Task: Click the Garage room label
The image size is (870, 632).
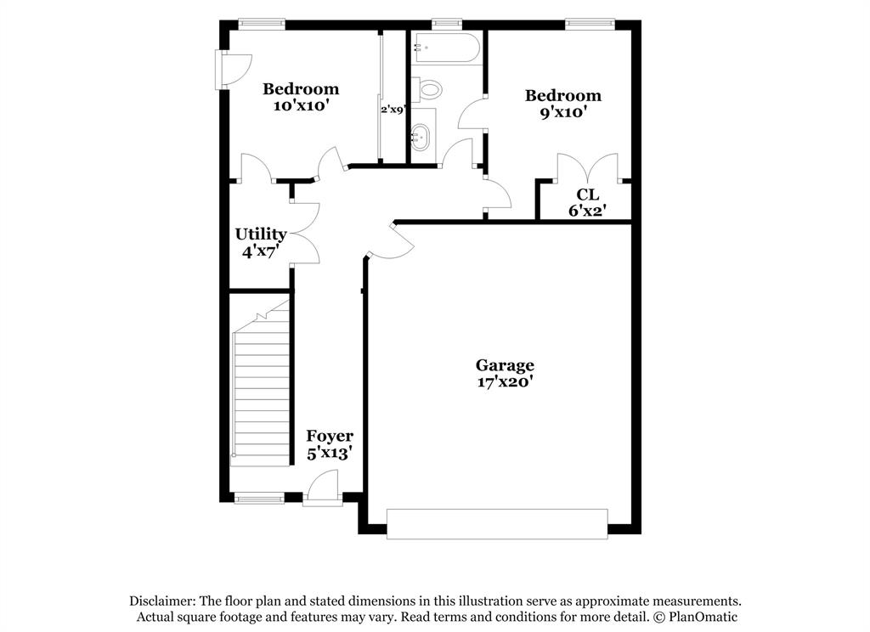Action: [x=505, y=365]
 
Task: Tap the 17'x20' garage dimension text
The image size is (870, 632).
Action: [x=505, y=381]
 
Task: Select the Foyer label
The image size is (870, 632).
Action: [x=330, y=436]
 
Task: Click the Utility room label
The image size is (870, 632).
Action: [x=261, y=234]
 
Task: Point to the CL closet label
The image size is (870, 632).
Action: [x=588, y=195]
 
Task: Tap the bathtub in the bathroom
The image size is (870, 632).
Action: [x=446, y=48]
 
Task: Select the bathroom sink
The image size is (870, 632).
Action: [x=420, y=137]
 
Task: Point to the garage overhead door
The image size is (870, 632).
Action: [x=497, y=524]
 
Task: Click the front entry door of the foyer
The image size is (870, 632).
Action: [x=323, y=488]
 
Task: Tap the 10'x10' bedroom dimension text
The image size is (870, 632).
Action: [x=301, y=105]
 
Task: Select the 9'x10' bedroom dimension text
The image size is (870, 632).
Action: [x=563, y=112]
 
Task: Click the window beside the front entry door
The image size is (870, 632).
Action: [x=259, y=499]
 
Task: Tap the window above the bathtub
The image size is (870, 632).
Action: [x=447, y=24]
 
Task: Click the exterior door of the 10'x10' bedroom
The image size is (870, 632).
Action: [x=234, y=71]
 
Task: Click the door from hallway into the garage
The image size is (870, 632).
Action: [x=391, y=240]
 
